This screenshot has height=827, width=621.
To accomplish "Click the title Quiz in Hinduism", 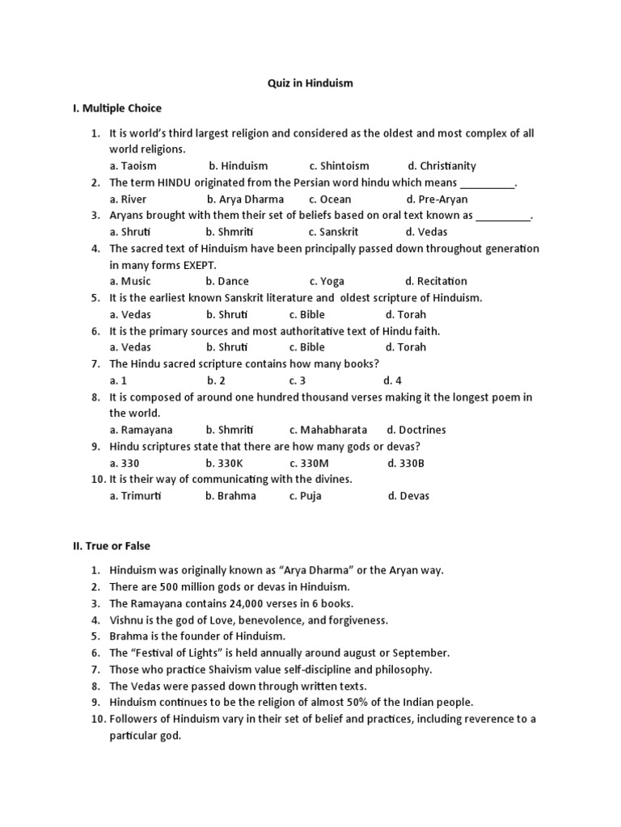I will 310,82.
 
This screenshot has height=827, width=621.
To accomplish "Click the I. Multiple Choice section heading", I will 117,108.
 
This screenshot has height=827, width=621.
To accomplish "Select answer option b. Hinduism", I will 238,166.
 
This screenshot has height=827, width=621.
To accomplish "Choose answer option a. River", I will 129,199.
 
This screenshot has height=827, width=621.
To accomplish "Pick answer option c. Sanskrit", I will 333,232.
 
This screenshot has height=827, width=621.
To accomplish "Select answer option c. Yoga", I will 326,281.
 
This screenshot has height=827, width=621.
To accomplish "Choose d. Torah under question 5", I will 405,314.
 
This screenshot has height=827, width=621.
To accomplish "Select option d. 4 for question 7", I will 393,380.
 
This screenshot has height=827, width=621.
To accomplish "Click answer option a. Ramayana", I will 141,430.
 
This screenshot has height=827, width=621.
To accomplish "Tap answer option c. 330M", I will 310,463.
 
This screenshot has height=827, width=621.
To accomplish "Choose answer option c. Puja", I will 305,496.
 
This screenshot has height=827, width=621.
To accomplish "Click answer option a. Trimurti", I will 135,496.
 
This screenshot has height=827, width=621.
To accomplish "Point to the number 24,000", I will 227,603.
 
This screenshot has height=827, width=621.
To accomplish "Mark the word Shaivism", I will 222,669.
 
